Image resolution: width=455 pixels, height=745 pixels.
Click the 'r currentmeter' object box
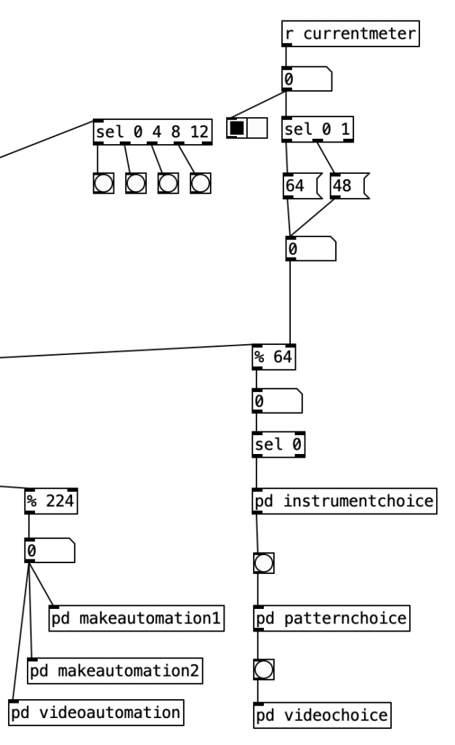click(x=350, y=33)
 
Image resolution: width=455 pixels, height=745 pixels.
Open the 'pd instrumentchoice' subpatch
click(x=345, y=501)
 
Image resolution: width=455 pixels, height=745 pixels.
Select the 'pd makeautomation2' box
click(x=114, y=669)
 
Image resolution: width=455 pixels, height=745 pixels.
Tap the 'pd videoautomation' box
click(x=96, y=711)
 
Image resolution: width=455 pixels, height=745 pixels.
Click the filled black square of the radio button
click(x=238, y=128)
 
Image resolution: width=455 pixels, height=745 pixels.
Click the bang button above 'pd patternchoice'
click(x=263, y=562)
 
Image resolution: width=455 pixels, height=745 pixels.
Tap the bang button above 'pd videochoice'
click(x=263, y=669)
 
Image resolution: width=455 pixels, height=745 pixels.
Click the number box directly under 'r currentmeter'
click(x=305, y=79)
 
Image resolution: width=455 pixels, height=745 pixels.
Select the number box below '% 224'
click(x=49, y=551)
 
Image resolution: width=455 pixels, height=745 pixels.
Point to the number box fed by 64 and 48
click(x=311, y=249)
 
